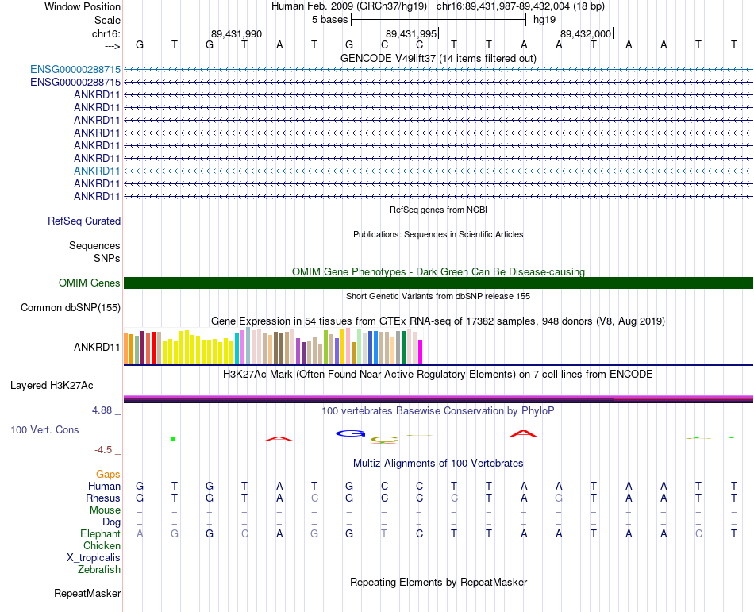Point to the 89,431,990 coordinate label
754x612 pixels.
click(x=236, y=33)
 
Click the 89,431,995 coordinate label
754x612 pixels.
click(x=410, y=33)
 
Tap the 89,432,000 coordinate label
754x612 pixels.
click(x=586, y=33)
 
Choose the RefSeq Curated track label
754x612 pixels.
click(x=84, y=221)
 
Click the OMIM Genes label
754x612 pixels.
click(x=90, y=283)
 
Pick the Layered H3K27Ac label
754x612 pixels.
click(x=52, y=386)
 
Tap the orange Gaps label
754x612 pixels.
click(x=108, y=474)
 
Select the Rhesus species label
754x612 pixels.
click(x=103, y=498)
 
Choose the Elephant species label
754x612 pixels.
click(x=100, y=534)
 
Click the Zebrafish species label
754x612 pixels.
click(x=99, y=570)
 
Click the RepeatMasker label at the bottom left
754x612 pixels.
click(x=87, y=594)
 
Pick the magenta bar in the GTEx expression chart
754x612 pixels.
click(x=421, y=352)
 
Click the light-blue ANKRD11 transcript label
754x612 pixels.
click(x=97, y=171)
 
